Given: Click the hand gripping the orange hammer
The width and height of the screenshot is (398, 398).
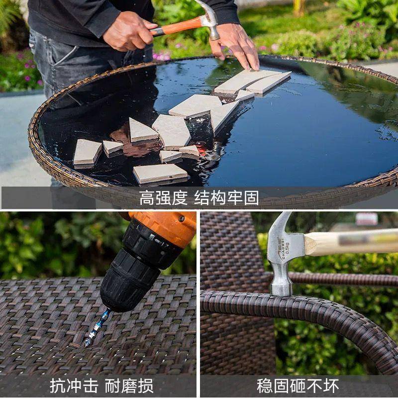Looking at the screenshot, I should tap(127, 31).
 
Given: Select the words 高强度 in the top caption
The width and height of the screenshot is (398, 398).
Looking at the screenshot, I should tap(163, 198).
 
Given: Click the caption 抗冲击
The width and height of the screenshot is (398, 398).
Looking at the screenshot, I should tap(74, 386).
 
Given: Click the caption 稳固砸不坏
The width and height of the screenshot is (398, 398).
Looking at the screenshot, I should tap(298, 386).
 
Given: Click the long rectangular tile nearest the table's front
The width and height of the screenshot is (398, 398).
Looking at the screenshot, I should tap(160, 173).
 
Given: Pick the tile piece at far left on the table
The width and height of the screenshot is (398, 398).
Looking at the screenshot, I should tap(87, 152).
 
